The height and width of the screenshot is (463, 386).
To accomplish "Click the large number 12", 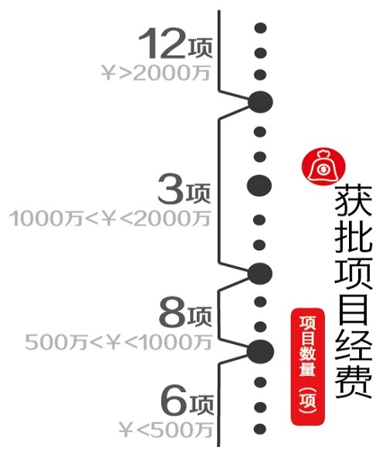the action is point(163,43).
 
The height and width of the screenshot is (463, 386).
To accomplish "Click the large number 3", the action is point(171,189).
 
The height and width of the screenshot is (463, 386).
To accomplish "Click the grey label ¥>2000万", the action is point(156,73).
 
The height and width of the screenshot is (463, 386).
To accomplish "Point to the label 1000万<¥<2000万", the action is point(110,218).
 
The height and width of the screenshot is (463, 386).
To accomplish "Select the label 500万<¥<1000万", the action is point(118,342).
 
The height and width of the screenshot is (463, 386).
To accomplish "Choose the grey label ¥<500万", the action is point(165,430).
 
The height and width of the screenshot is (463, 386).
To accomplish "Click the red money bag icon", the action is point(323,167).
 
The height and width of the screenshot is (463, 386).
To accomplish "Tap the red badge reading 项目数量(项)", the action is point(308,367).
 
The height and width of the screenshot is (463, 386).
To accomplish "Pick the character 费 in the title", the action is point(354,381).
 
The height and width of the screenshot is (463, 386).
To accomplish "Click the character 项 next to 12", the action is point(201,48).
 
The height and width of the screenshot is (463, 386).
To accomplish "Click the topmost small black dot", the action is point(260,29).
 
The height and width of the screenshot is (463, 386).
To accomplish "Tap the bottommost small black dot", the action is point(260,429).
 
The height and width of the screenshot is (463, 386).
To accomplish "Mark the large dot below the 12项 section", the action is point(260,102).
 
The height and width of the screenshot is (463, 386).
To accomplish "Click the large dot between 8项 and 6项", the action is point(260,351).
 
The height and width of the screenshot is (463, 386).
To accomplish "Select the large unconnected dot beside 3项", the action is point(259,186).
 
